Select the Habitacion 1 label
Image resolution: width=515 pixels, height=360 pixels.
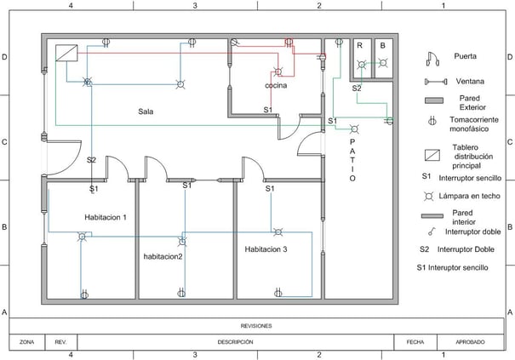point(106,217)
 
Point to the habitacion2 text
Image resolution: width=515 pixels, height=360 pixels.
point(163,255)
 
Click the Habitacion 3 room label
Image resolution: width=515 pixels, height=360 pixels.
point(266,249)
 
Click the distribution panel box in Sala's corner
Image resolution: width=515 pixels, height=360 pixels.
point(66,53)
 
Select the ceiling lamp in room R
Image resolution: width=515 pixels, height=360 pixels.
point(361,64)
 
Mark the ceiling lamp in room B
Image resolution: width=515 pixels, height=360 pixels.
point(383,64)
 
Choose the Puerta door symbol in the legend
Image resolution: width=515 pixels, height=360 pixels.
point(432,58)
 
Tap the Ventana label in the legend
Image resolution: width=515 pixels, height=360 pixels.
point(466,82)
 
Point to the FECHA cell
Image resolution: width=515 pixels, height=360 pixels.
point(415,341)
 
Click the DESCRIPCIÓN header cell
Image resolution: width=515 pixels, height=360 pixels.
point(235,341)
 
